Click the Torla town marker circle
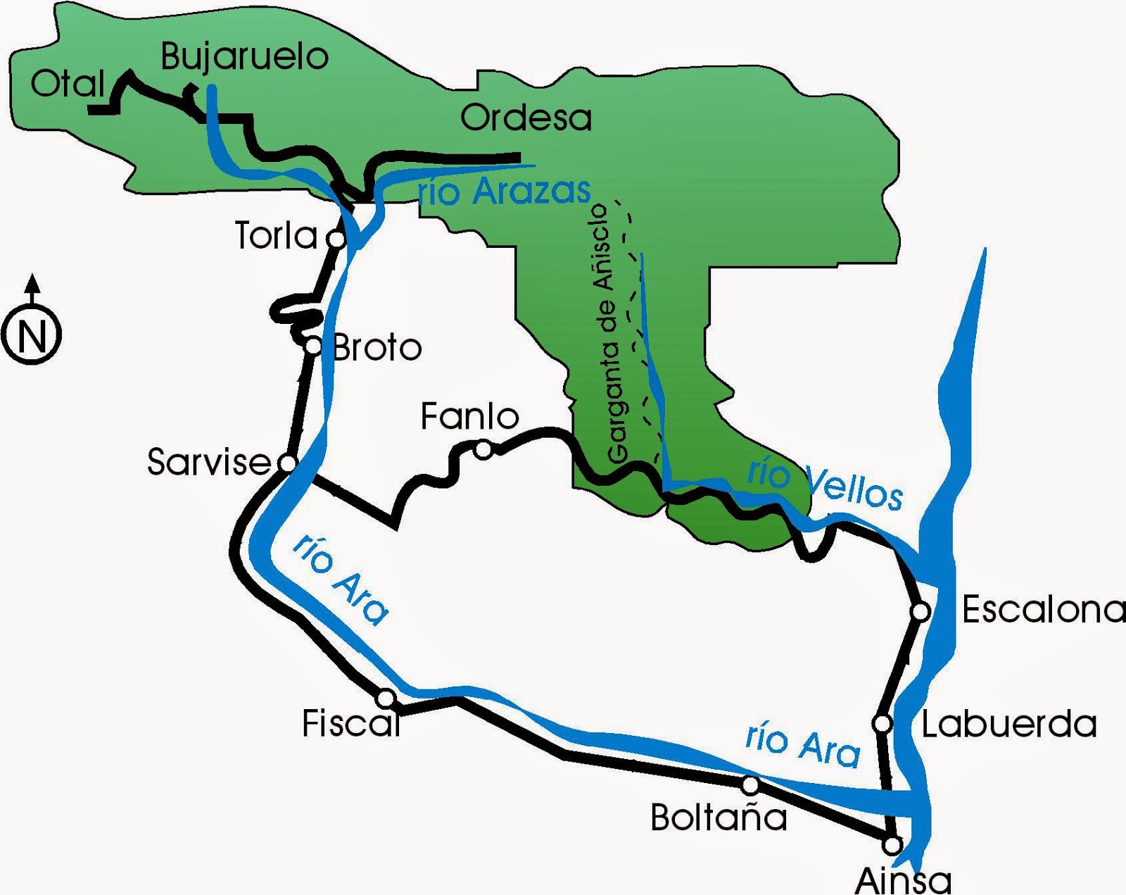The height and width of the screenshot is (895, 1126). (x=337, y=239)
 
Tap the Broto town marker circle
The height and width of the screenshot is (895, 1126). (x=313, y=346)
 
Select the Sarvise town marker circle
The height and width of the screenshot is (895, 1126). (x=288, y=463)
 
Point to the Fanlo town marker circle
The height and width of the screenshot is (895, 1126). (x=483, y=449)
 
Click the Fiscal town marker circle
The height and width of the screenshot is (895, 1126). (x=386, y=699)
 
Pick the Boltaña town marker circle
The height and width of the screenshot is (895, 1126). (x=750, y=784)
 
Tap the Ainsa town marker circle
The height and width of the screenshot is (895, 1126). (x=892, y=844)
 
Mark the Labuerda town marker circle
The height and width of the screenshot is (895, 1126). (x=882, y=723)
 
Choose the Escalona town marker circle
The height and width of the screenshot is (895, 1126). (x=921, y=611)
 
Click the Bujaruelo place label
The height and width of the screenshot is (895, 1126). (x=244, y=56)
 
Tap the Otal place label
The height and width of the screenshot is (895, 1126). (x=68, y=84)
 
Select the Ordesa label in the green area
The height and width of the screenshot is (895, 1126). (x=526, y=118)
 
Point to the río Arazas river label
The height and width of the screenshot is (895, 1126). (x=504, y=192)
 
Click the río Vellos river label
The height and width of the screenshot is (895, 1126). (x=825, y=483)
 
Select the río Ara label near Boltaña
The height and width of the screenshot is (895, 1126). (x=802, y=745)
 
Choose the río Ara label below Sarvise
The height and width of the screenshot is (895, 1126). (x=341, y=579)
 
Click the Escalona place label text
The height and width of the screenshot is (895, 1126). (x=1043, y=609)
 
